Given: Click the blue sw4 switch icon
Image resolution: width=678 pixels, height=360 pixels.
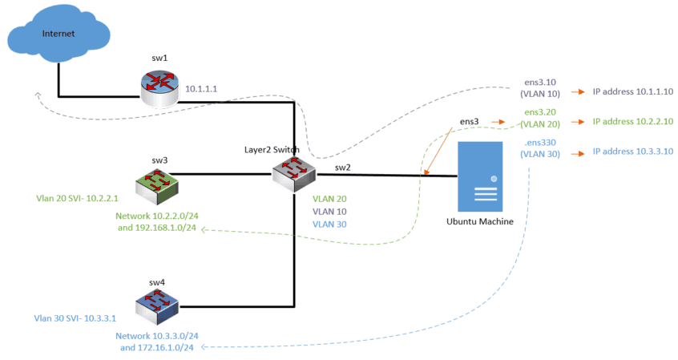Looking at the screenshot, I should (158, 304).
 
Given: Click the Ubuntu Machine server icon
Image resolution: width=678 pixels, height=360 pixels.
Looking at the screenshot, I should (480, 176).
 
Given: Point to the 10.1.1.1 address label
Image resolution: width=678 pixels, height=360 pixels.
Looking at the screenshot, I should (202, 89).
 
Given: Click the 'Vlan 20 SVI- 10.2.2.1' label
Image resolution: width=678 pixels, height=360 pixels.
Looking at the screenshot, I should (77, 198).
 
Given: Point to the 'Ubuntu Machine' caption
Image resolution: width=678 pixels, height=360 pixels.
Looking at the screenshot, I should (481, 220).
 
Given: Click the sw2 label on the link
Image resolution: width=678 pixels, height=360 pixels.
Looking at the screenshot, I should (342, 167).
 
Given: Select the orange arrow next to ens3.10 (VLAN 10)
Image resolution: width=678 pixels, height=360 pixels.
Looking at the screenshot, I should (578, 92).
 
